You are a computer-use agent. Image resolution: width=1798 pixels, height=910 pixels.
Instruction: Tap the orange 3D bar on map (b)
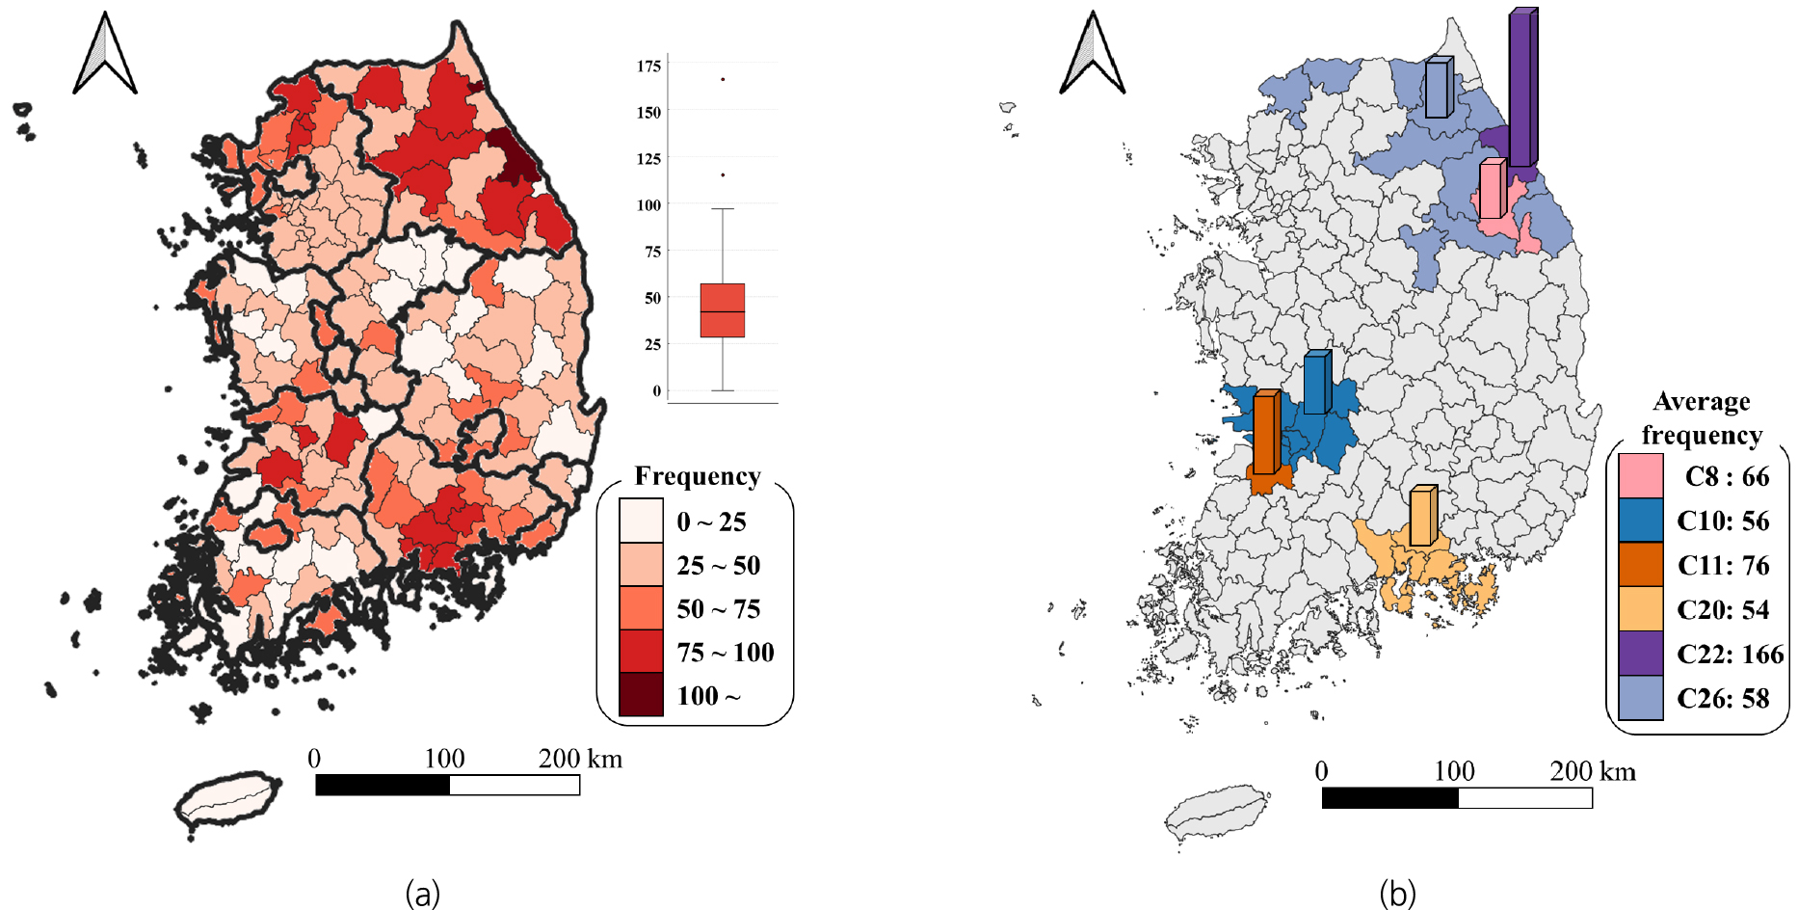[1266, 432]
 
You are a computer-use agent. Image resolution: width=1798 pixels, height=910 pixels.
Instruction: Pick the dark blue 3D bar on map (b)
[1317, 383]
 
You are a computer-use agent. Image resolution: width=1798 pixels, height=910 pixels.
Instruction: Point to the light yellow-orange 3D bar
[1423, 516]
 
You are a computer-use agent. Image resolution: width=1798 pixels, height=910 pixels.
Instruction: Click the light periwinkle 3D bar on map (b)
[1439, 88]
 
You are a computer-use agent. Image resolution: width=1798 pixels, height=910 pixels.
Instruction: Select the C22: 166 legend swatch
[1641, 654]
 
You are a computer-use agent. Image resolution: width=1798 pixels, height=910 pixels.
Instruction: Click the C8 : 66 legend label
[1727, 476]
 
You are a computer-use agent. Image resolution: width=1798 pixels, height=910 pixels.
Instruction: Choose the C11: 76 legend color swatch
[1641, 565]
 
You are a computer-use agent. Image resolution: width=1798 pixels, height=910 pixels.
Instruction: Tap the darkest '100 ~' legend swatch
[641, 694]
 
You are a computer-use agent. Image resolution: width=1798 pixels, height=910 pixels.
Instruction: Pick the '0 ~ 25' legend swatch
[641, 521]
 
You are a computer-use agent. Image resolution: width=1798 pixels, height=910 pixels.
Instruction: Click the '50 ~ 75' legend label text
[719, 609]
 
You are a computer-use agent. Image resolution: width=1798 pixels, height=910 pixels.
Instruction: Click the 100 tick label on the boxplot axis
[648, 205]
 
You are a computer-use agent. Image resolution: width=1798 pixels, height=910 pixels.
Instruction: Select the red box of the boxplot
[723, 310]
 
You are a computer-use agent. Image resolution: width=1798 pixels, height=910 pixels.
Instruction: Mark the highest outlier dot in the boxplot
[723, 79]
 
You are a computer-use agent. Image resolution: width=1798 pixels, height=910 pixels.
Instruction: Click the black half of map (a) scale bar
[383, 786]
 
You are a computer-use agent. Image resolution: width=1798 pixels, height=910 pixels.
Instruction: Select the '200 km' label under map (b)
[1593, 771]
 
